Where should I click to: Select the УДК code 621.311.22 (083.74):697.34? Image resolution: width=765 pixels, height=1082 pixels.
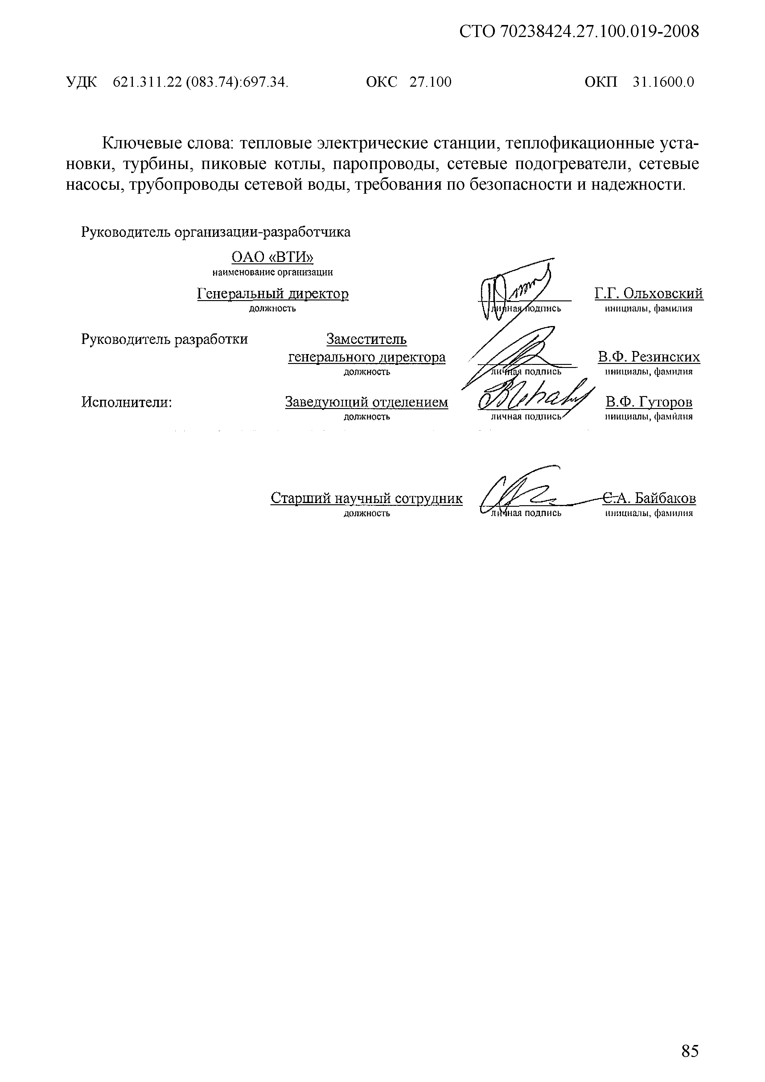[200, 82]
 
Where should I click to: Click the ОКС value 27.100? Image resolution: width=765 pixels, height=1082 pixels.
[430, 82]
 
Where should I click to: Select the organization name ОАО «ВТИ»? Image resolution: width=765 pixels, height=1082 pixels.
[272, 257]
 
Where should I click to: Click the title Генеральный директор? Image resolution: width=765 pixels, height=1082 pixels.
[273, 294]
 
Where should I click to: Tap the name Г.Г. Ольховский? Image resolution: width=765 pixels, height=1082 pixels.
[649, 294]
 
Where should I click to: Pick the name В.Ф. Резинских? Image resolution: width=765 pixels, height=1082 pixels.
[649, 357]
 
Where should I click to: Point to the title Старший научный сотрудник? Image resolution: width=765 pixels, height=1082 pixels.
[367, 498]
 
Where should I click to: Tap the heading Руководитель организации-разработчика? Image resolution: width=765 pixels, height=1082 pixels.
[216, 232]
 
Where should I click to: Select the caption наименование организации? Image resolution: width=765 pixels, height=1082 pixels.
[272, 272]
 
